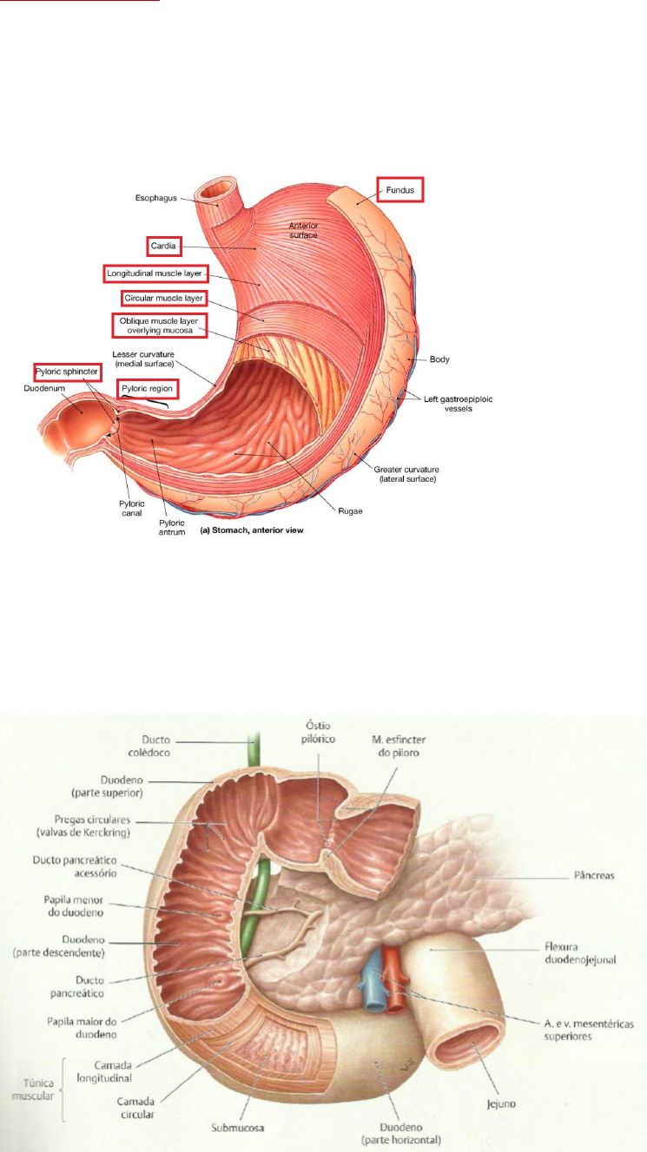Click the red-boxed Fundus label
pyautogui.click(x=399, y=189)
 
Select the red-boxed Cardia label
pyautogui.click(x=163, y=247)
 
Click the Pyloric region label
pyautogui.click(x=148, y=389)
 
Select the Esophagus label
pyautogui.click(x=157, y=198)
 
